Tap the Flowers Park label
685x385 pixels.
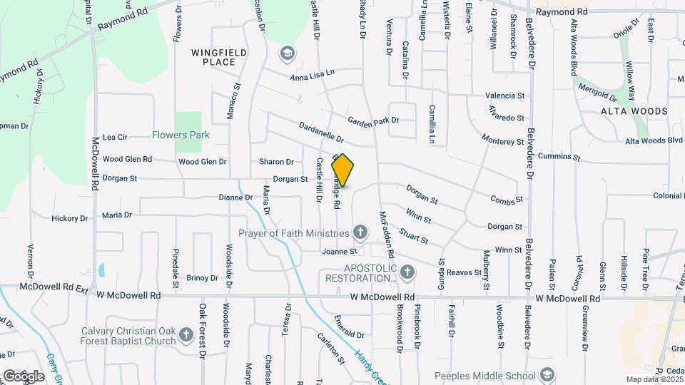click(181, 135)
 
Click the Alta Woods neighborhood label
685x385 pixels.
click(634, 111)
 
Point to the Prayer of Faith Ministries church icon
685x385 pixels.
click(361, 232)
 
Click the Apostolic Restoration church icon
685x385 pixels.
click(407, 272)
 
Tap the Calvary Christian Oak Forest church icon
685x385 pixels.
click(186, 334)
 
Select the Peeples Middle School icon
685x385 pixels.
click(547, 375)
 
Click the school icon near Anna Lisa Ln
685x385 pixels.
click(287, 53)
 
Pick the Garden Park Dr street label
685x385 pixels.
click(373, 120)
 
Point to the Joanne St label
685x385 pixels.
click(338, 252)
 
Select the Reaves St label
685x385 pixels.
click(464, 272)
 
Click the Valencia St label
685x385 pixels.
click(504, 96)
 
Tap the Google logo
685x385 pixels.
click(24, 375)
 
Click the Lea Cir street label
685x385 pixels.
click(115, 137)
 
